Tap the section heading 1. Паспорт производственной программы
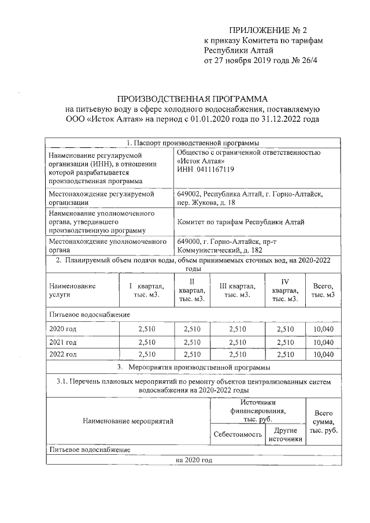tap(191, 142)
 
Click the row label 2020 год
tap(64, 329)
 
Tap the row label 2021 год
tap(64, 342)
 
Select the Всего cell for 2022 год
tap(323, 355)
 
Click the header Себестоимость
tap(237, 434)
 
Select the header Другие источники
tap(286, 435)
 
